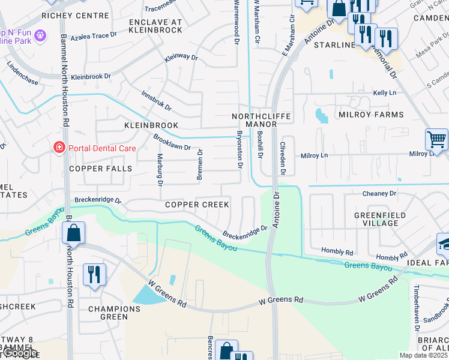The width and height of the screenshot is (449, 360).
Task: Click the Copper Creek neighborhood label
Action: coord(197,205)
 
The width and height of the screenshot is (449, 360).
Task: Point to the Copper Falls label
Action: coord(100,169)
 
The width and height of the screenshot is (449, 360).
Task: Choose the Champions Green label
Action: coord(114,313)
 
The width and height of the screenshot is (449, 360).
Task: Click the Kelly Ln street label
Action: coord(385,93)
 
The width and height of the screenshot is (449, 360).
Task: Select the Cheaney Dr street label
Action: coord(379,193)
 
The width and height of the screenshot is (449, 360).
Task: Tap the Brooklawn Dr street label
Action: coord(172,142)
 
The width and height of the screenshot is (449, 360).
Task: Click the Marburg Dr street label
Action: coord(160,170)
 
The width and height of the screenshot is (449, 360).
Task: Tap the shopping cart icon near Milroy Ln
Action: coord(436,139)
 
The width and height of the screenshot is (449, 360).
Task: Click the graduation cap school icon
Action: coord(444,244)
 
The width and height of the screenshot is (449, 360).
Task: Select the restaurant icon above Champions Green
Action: coord(94,275)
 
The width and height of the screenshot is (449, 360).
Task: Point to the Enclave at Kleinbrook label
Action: coord(155,25)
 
